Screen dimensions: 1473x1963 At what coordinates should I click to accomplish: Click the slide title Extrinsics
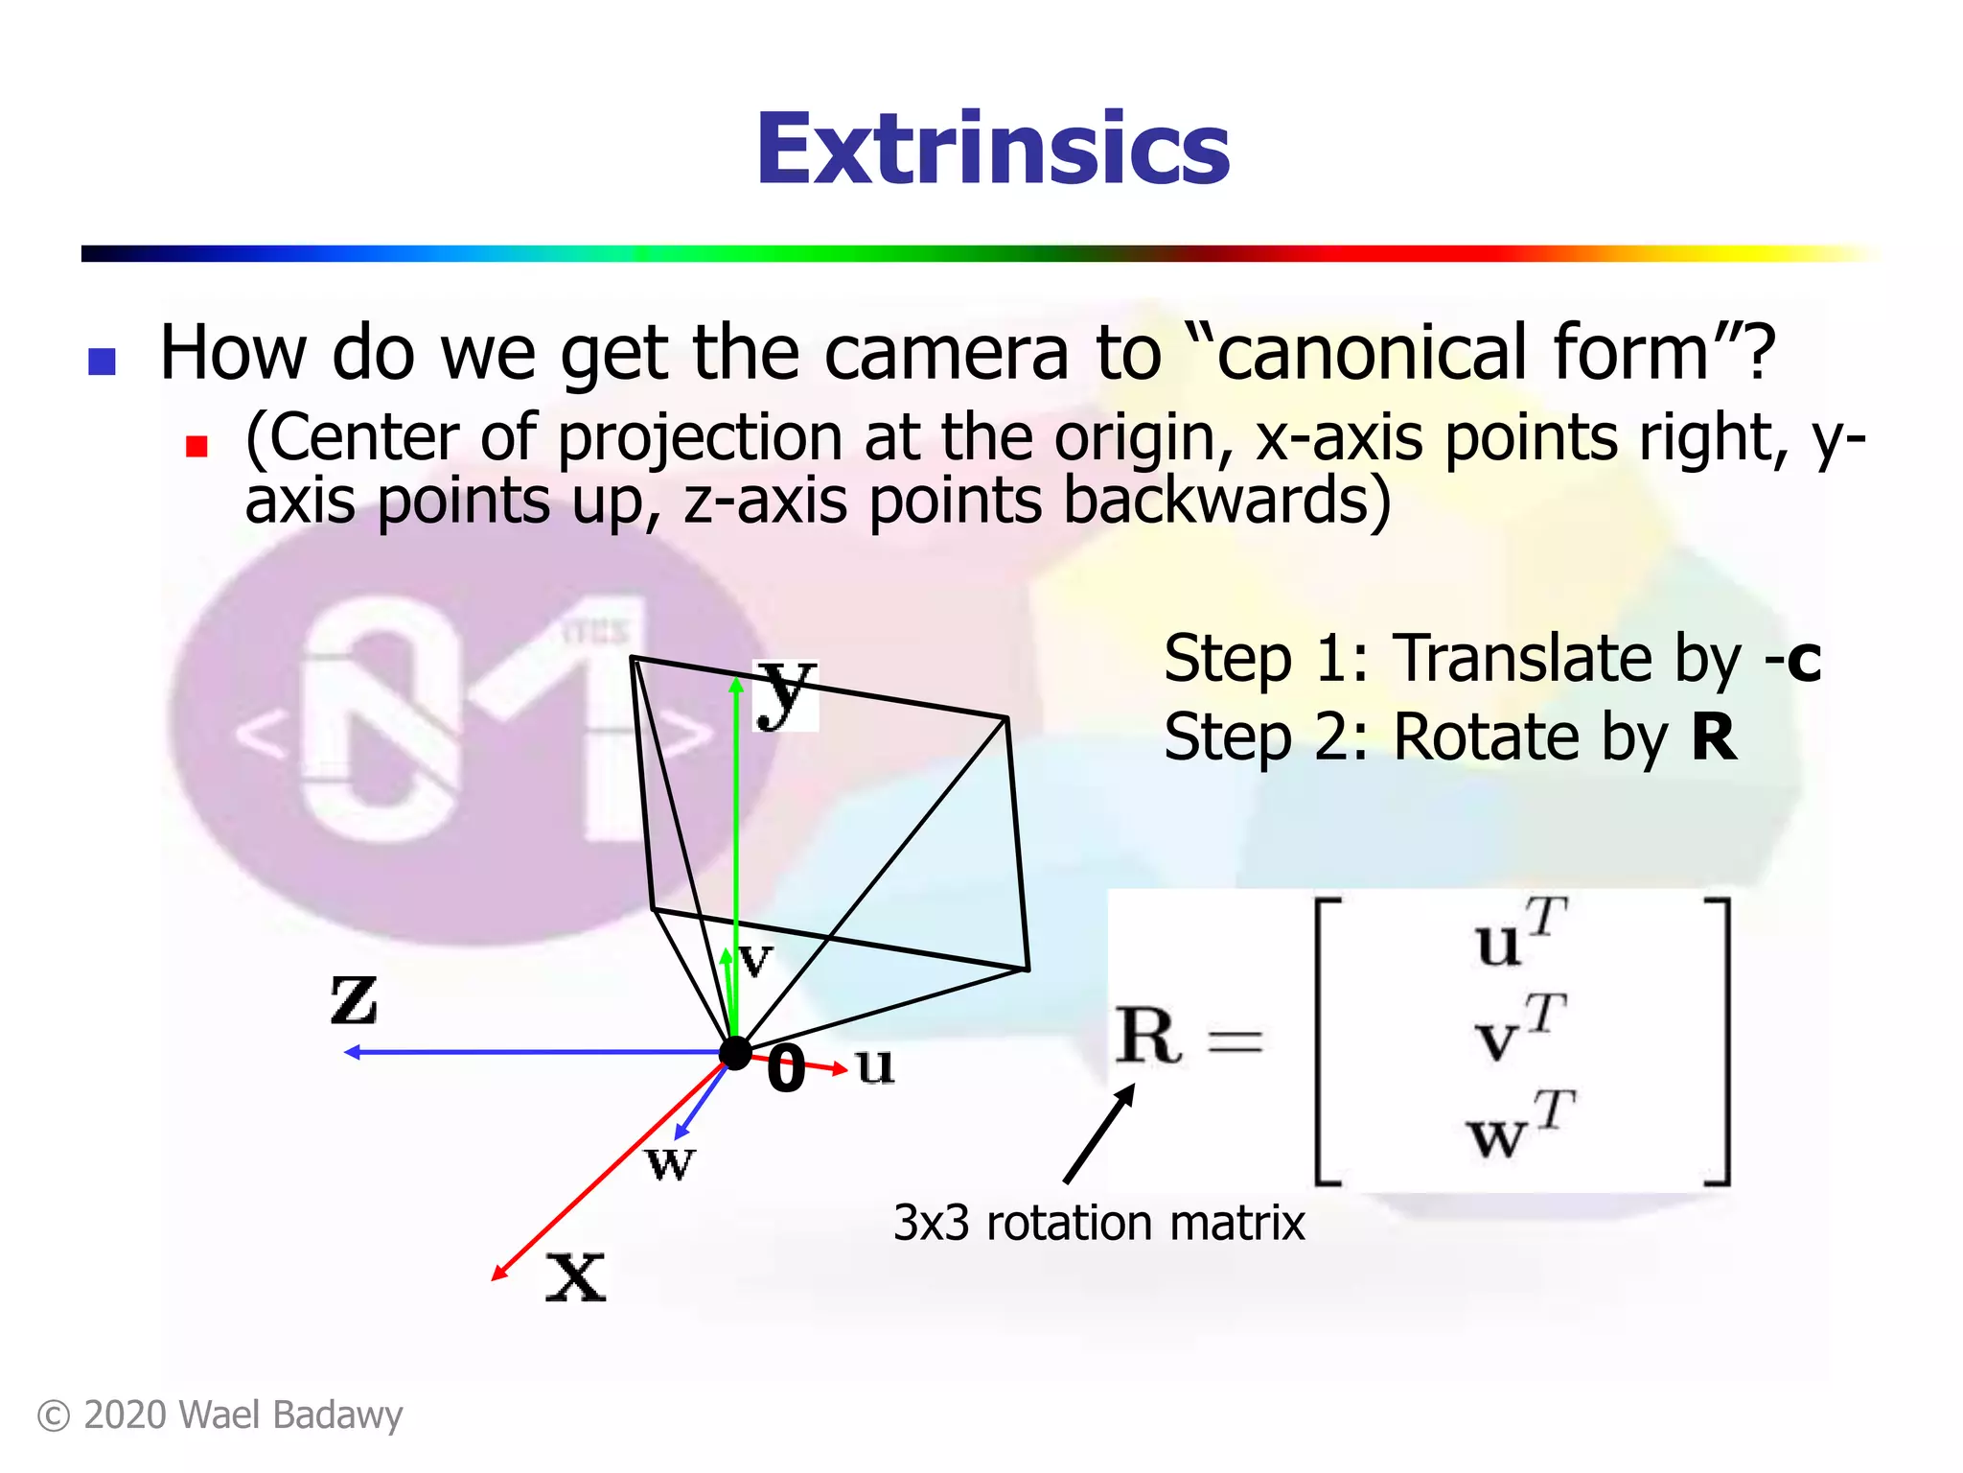tap(993, 150)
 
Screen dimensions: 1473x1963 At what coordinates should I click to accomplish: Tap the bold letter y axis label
tap(786, 692)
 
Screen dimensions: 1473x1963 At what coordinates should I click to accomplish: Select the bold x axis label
tap(576, 1277)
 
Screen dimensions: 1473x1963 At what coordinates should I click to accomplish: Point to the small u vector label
tap(875, 1065)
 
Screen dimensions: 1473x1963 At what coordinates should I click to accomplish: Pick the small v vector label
tap(755, 959)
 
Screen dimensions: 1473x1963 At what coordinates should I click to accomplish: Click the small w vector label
tap(670, 1163)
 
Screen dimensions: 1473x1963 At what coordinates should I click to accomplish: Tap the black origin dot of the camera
tap(735, 1053)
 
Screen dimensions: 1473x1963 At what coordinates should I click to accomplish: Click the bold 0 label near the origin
tap(786, 1068)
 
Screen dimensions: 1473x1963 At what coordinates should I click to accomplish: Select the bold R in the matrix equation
tap(1146, 1037)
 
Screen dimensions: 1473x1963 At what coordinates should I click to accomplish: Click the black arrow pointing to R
tap(1099, 1134)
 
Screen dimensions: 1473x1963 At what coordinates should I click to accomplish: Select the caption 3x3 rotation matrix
tap(1098, 1224)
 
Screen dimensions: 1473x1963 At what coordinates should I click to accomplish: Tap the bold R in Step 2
tap(1714, 737)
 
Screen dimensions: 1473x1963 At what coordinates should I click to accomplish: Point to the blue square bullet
tap(102, 362)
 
